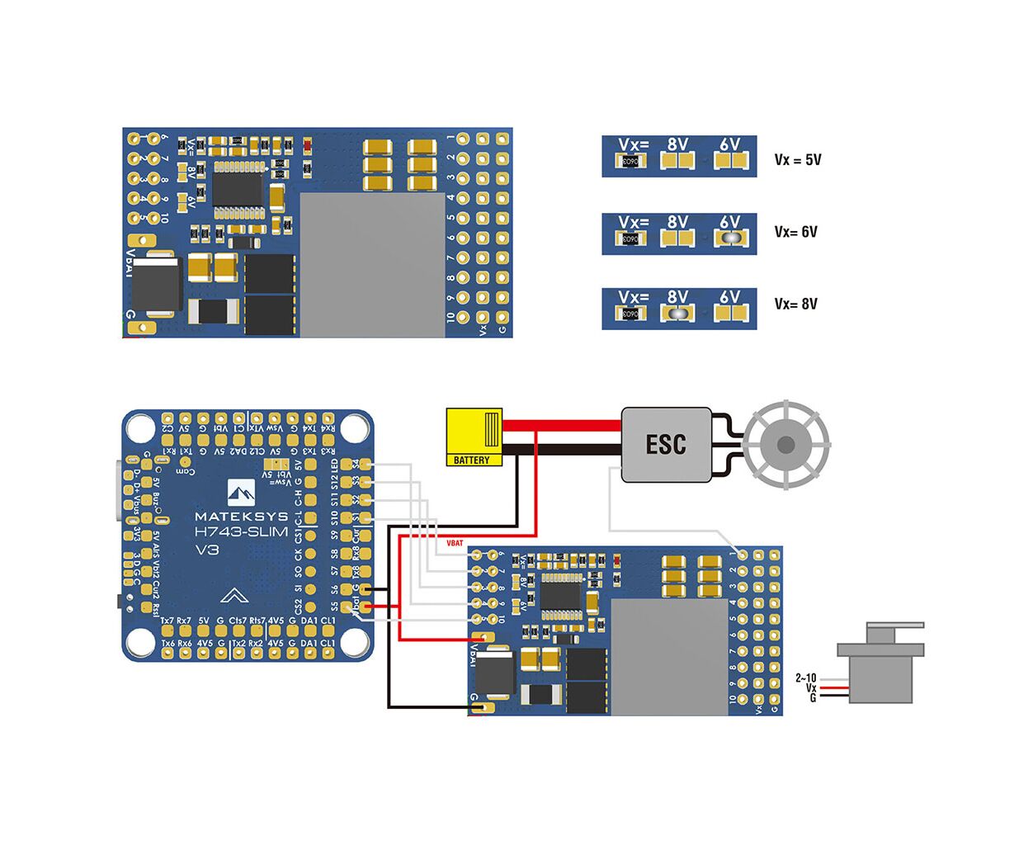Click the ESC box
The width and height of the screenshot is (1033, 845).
coord(666,445)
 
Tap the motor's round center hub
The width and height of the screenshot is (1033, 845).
coord(785,446)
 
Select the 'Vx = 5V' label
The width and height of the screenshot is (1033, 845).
coord(798,160)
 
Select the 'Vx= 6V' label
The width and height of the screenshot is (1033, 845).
coord(796,232)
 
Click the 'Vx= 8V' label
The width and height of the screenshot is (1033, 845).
coord(796,304)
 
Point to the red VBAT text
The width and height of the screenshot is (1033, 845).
coord(455,543)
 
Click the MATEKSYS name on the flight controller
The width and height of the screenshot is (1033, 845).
coord(241,517)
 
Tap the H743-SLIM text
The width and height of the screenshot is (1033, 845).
coord(241,532)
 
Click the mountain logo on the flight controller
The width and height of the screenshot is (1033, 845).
coord(243,493)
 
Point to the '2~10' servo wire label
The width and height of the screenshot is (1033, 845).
coord(805,678)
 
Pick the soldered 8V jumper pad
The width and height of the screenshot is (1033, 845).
coord(677,313)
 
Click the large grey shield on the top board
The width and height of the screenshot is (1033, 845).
coord(372,264)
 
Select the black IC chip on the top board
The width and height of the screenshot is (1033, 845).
coord(238,183)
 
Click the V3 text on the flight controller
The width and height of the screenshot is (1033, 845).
coord(206,550)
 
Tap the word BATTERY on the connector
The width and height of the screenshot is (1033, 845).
coord(471,460)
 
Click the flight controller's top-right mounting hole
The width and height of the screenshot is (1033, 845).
coord(352,427)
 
